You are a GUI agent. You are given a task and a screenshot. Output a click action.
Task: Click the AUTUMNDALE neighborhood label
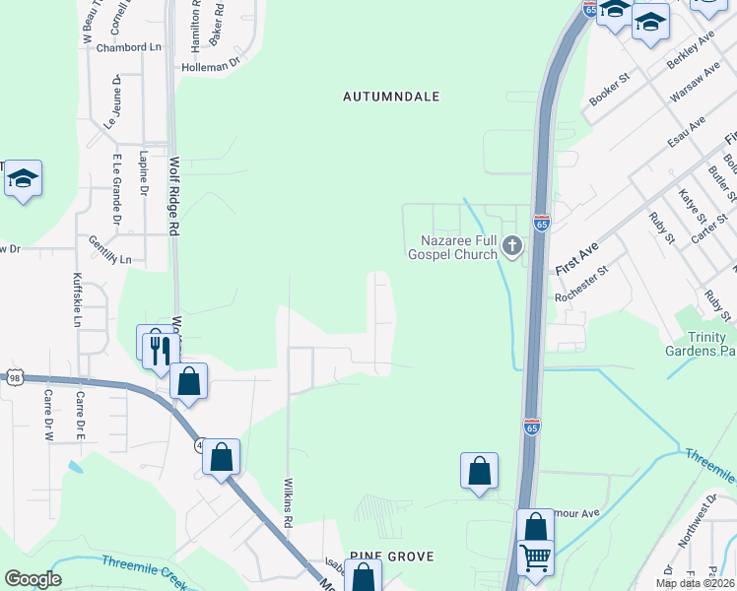tap(391, 97)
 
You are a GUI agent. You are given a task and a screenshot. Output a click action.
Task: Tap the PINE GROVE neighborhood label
tap(391, 557)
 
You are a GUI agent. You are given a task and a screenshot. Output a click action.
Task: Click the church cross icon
tap(511, 245)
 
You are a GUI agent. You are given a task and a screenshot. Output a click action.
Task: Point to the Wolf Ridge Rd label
tap(174, 195)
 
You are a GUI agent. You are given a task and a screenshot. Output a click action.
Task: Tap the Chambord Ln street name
tap(128, 47)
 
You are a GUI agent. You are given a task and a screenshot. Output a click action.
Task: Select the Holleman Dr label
tap(211, 65)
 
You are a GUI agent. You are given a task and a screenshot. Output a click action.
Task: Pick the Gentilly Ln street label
tap(109, 258)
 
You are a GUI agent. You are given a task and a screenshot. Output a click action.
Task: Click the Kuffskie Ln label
tap(77, 298)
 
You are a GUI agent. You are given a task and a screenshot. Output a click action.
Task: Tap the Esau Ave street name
tap(687, 132)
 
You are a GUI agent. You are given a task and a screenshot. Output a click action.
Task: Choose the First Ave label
tap(576, 260)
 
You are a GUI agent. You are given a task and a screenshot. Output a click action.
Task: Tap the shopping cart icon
tap(535, 558)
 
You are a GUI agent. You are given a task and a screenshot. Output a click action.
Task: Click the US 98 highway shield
tap(13, 377)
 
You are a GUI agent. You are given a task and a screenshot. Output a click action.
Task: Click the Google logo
tap(33, 578)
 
